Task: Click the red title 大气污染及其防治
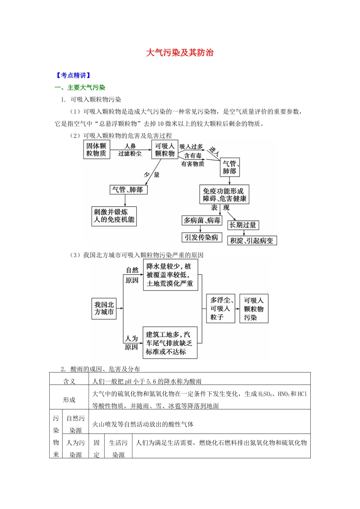tap(180, 53)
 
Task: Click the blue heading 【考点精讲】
tap(73, 75)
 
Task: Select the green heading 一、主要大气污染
tap(80, 87)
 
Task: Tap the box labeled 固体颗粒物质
tap(96, 150)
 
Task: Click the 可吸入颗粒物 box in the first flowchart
tap(165, 150)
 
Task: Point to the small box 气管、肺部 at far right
tap(230, 167)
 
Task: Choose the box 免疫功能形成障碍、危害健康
tap(224, 195)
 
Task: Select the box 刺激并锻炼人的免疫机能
tap(114, 216)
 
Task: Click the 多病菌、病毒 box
tap(202, 220)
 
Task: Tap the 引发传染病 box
tap(202, 237)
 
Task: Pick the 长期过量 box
tap(243, 225)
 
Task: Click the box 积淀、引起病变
tap(252, 240)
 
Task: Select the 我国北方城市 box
tap(104, 308)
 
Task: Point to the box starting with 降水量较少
tap(170, 275)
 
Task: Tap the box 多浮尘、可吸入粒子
tap(221, 308)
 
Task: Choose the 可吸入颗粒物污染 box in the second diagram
tap(254, 309)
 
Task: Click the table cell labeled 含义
tap(69, 381)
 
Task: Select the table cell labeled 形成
tap(69, 400)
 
